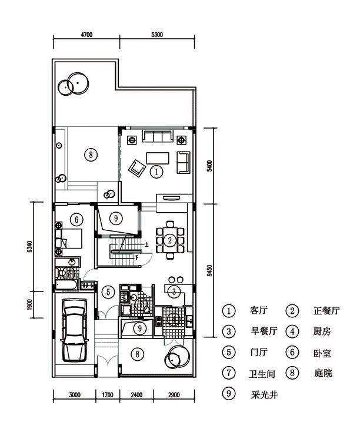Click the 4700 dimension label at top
click(86, 35)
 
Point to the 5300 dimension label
click(157, 35)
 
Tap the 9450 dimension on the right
click(209, 271)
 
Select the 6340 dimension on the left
click(29, 246)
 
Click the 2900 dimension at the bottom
click(174, 395)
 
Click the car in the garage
click(75, 330)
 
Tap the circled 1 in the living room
click(156, 172)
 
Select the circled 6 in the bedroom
click(76, 219)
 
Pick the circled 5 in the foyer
click(108, 292)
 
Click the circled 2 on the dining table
click(170, 240)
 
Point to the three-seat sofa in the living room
click(158, 136)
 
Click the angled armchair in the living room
click(137, 168)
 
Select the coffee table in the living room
click(158, 158)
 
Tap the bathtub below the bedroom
click(66, 286)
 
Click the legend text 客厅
click(259, 310)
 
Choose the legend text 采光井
click(264, 394)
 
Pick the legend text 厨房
click(322, 331)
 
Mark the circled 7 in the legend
click(229, 373)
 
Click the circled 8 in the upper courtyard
click(91, 155)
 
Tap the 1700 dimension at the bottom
click(108, 395)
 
